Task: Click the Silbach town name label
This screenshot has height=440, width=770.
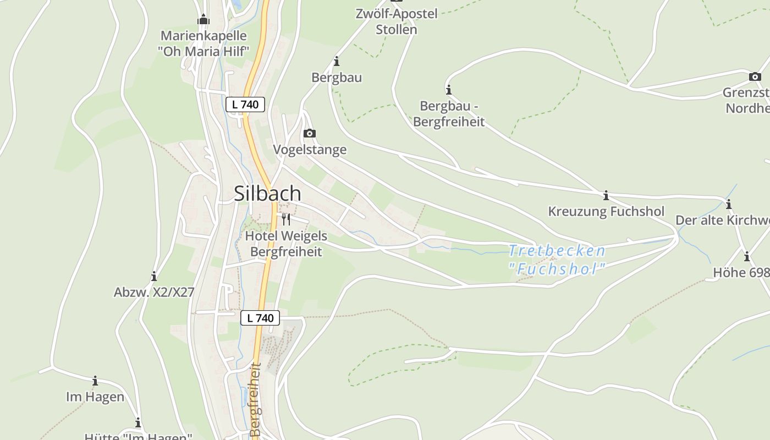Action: pos(267,194)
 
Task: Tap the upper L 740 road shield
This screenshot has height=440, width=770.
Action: pos(245,104)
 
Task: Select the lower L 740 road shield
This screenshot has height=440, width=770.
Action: pos(260,318)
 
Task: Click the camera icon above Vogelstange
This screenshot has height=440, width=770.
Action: pos(310,133)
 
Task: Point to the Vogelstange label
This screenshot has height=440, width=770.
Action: pos(310,150)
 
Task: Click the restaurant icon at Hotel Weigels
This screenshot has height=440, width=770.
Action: pos(285,219)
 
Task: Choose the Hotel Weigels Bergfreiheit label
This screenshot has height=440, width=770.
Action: pos(286,244)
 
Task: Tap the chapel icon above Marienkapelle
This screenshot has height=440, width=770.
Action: pos(204,20)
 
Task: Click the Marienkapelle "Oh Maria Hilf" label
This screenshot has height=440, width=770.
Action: pos(204,43)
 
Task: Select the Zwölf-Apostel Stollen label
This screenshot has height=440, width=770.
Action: pos(397,21)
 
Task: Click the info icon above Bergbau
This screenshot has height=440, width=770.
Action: pos(337,61)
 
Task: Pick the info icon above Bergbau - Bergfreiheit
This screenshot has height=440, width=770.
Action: pos(449,90)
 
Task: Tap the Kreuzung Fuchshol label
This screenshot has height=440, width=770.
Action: pos(606,211)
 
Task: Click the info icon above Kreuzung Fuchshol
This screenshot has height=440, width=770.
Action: pos(606,195)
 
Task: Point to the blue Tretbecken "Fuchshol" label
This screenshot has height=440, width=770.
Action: pos(557,260)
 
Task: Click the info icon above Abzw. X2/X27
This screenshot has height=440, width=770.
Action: pos(154,276)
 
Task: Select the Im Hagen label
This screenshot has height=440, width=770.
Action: pos(95,397)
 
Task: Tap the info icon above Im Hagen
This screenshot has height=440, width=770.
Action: pos(95,381)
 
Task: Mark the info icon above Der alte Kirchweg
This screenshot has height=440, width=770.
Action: pos(729,205)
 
